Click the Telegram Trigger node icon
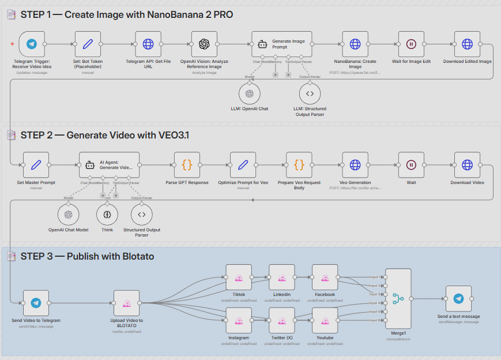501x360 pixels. pyautogui.click(x=32, y=44)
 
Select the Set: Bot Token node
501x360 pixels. pyautogui.click(x=88, y=44)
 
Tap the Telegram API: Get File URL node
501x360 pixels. pyautogui.click(x=148, y=44)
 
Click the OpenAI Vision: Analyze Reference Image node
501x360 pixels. pyautogui.click(x=204, y=44)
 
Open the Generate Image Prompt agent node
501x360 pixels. pyautogui.click(x=282, y=44)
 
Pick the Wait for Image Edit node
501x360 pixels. pyautogui.click(x=411, y=44)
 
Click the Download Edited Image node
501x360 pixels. pyautogui.click(x=467, y=44)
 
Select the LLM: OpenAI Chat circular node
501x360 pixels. pyautogui.click(x=250, y=93)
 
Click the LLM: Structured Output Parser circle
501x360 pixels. pyautogui.click(x=310, y=93)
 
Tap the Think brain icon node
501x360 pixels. pyautogui.click(x=107, y=215)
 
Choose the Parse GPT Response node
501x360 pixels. pyautogui.click(x=187, y=165)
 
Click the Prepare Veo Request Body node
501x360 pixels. pyautogui.click(x=299, y=165)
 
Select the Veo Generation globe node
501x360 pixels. pyautogui.click(x=355, y=165)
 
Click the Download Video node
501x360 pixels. pyautogui.click(x=467, y=165)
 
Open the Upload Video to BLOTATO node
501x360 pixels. pyautogui.click(x=126, y=303)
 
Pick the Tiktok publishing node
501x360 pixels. pyautogui.click(x=239, y=277)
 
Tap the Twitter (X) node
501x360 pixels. pyautogui.click(x=282, y=321)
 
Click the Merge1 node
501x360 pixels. pyautogui.click(x=397, y=299)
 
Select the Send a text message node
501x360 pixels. pyautogui.click(x=458, y=298)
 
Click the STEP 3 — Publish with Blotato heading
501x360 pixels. pyautogui.click(x=87, y=256)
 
